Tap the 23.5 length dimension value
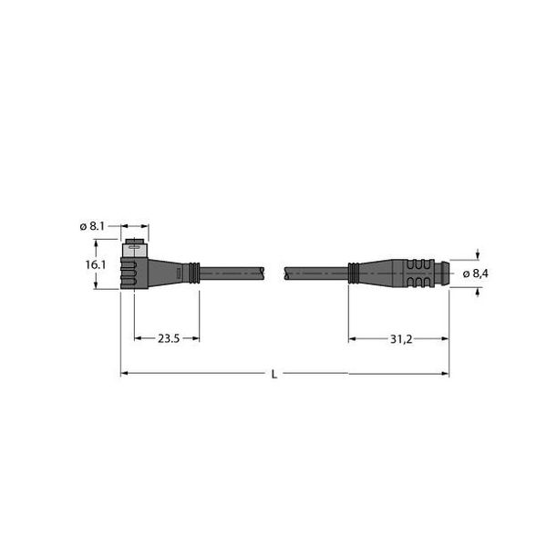tap(168, 338)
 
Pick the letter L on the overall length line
tap(274, 374)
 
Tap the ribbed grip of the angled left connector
tap(129, 273)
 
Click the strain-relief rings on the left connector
tap(192, 272)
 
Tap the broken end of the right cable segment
tap(288, 272)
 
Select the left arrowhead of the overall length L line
tap(124, 373)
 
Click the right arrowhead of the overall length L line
tap(445, 373)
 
